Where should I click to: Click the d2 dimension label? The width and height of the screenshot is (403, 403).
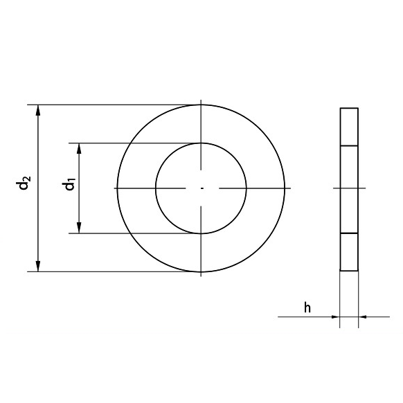click(23, 183)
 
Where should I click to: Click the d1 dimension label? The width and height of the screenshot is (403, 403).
click(69, 183)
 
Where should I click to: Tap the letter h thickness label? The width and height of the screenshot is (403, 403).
click(307, 307)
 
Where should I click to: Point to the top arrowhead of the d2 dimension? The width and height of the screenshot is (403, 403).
click(38, 110)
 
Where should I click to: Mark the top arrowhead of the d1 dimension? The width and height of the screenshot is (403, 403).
click(79, 148)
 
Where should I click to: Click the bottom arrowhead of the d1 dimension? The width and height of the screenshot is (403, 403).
click(79, 228)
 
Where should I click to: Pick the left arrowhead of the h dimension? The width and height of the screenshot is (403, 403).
click(335, 316)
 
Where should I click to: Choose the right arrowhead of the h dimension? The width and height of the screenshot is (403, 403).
click(362, 316)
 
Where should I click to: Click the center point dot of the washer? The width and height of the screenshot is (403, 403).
click(201, 188)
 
